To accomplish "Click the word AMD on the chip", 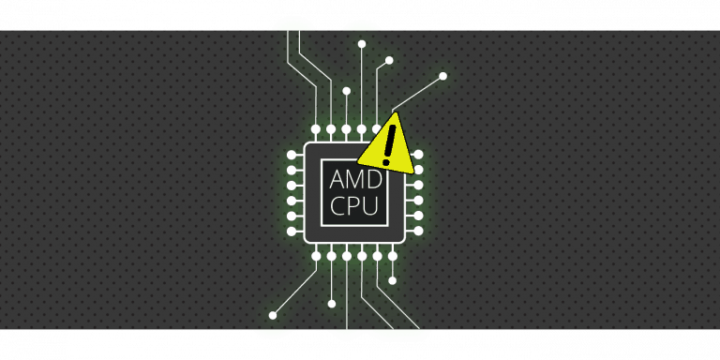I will (353, 178).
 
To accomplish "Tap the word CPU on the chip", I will (353, 206).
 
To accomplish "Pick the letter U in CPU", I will (372, 206).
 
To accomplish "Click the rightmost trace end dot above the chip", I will (442, 76).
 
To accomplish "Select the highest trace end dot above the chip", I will (362, 43).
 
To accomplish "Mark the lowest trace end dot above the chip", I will (347, 92).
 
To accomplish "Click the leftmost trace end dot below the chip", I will (273, 315).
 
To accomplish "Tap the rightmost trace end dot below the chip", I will (392, 280).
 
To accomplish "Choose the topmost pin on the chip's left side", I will (291, 155).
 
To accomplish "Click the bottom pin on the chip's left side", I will (291, 231).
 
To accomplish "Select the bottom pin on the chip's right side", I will (418, 231).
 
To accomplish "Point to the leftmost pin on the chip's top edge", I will (317, 128).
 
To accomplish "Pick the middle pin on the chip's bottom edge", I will (347, 256).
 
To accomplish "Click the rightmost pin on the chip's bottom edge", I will (392, 256).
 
